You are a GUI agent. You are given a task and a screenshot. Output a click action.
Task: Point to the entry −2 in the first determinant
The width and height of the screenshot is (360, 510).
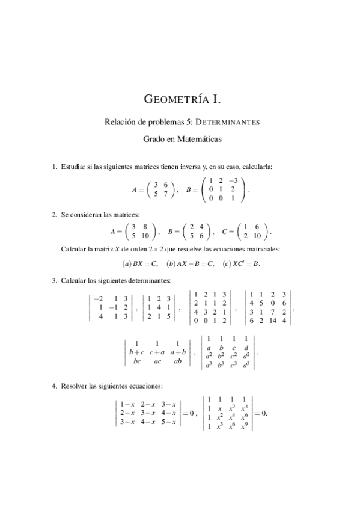coord(99,298)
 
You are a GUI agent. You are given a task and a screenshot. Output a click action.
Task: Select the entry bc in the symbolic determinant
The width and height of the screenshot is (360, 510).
coord(137,361)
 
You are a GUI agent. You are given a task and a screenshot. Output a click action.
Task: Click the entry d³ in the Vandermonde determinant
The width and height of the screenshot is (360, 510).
coord(247,365)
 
